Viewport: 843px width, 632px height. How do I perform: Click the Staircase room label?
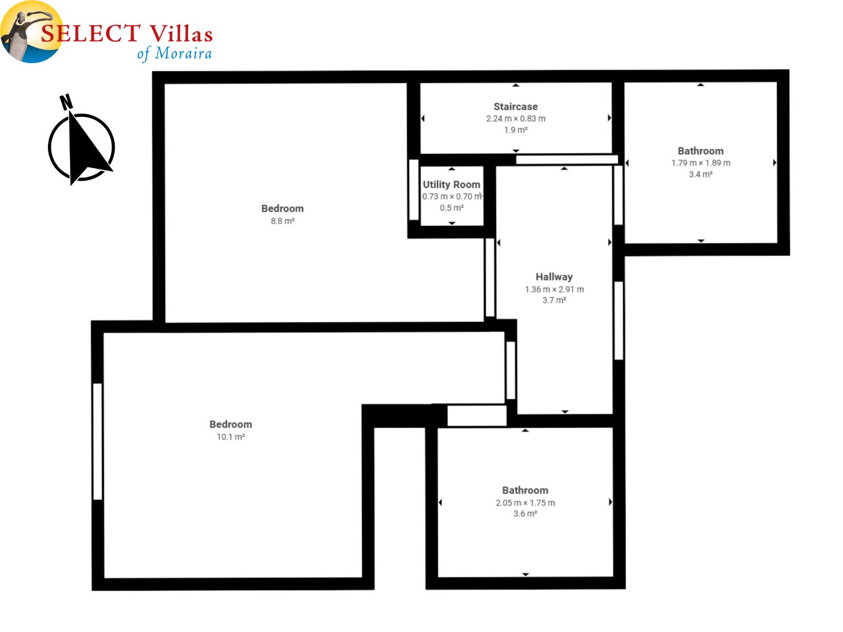click(515, 106)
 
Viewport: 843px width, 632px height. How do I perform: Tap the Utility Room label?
click(451, 184)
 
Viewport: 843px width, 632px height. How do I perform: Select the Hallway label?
click(554, 276)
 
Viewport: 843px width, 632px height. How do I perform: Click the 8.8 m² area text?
click(282, 221)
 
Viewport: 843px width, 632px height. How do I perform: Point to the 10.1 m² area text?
click(231, 437)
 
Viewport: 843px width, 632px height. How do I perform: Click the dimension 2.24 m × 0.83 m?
click(515, 118)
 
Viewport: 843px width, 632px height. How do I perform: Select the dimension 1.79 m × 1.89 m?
click(701, 163)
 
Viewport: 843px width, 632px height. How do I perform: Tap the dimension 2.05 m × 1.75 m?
click(525, 502)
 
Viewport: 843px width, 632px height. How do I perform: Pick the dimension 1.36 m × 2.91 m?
click(554, 289)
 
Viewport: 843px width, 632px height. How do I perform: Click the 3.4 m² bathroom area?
click(701, 174)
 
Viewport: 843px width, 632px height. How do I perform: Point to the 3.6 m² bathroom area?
click(525, 513)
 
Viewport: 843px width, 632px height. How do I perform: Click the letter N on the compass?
click(66, 102)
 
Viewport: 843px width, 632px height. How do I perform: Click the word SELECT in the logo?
click(91, 33)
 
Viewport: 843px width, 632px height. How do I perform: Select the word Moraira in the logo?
click(183, 53)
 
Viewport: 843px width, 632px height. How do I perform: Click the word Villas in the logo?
click(181, 33)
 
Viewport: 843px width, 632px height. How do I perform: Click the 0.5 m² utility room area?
click(452, 208)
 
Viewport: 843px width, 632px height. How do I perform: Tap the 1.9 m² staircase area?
click(515, 130)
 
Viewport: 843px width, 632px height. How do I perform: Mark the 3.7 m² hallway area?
click(554, 300)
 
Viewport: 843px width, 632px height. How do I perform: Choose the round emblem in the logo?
click(32, 32)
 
